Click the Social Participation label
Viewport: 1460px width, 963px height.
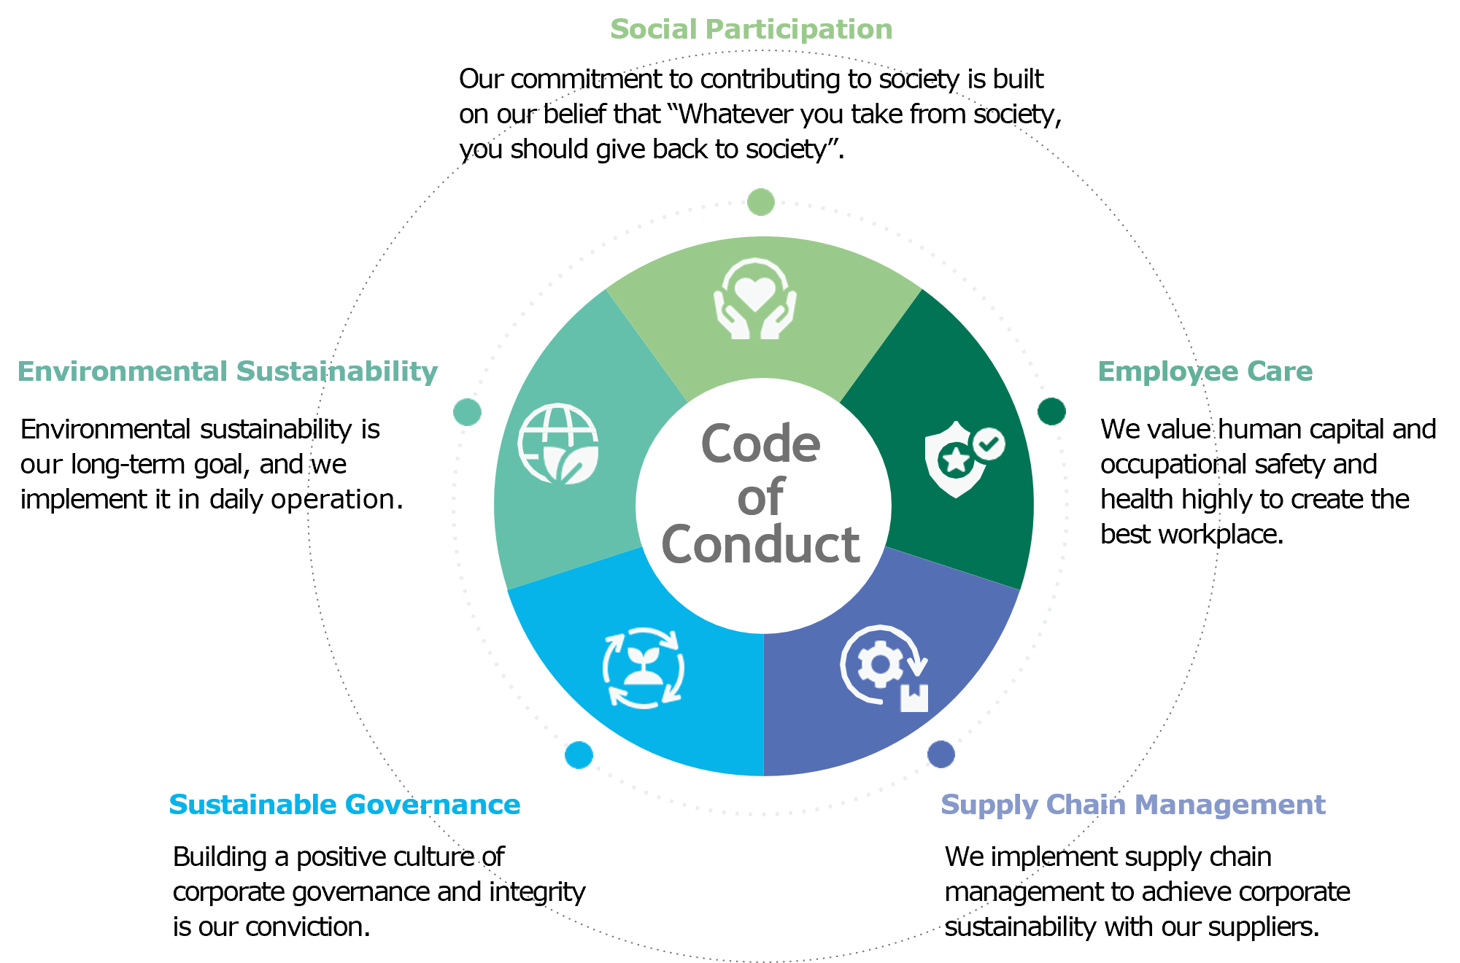point(751,30)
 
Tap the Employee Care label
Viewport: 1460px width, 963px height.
point(1205,371)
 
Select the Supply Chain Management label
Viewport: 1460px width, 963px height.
point(1132,805)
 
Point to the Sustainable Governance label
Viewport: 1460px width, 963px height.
point(344,805)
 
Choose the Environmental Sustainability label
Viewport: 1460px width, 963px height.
point(228,371)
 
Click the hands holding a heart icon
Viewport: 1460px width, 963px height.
point(754,299)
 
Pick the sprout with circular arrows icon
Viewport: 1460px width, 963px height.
point(643,668)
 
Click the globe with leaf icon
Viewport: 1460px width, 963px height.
point(558,444)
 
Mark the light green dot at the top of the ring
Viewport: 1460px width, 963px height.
point(761,202)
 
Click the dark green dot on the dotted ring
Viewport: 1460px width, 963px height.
point(1051,411)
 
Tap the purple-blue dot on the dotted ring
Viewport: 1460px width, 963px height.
point(940,754)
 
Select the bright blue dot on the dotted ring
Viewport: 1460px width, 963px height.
point(579,754)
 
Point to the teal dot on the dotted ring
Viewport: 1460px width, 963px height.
point(467,412)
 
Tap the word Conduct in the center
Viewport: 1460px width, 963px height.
point(760,544)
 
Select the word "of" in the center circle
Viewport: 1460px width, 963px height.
point(760,498)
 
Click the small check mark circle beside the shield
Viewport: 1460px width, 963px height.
point(989,444)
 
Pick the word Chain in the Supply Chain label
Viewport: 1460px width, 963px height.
point(1086,805)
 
